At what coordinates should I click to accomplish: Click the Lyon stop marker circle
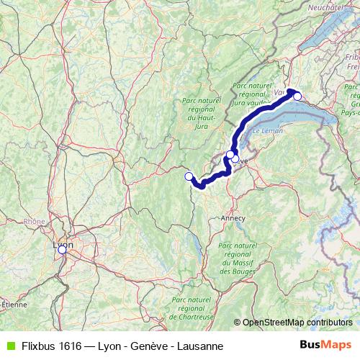click(62, 249)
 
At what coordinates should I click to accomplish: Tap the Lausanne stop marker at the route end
click(297, 96)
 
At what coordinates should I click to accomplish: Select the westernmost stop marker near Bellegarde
click(189, 176)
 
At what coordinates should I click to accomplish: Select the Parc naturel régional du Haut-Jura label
click(202, 114)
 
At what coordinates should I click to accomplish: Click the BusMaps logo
click(325, 346)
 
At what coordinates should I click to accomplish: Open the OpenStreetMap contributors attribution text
click(297, 323)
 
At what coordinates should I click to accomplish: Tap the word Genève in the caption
click(150, 346)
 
